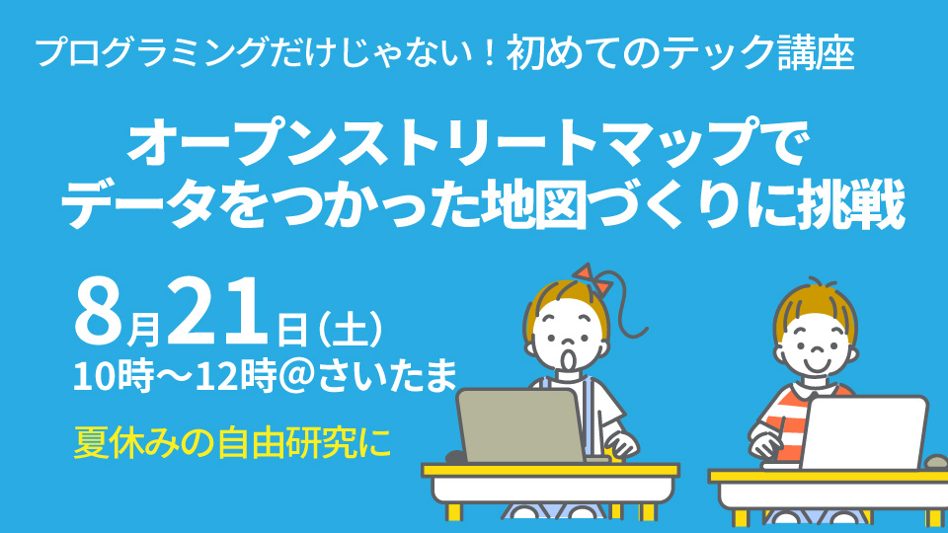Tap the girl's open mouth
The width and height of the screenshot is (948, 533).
pyautogui.click(x=570, y=358)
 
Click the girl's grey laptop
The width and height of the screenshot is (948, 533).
pyautogui.click(x=521, y=425)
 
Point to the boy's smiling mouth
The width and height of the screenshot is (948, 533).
pyautogui.click(x=815, y=365)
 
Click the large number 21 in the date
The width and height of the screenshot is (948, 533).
pyautogui.click(x=217, y=312)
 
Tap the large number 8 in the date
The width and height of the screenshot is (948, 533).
pyautogui.click(x=100, y=312)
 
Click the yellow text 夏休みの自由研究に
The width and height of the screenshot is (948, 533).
pyautogui.click(x=232, y=442)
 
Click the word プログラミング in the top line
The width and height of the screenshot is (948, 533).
pyautogui.click(x=152, y=52)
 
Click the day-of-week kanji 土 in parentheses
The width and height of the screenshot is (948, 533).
pyautogui.click(x=350, y=330)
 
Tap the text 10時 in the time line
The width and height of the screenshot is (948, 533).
pyautogui.click(x=113, y=376)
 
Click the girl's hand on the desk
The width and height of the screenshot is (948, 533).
pyautogui.click(x=621, y=445)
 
